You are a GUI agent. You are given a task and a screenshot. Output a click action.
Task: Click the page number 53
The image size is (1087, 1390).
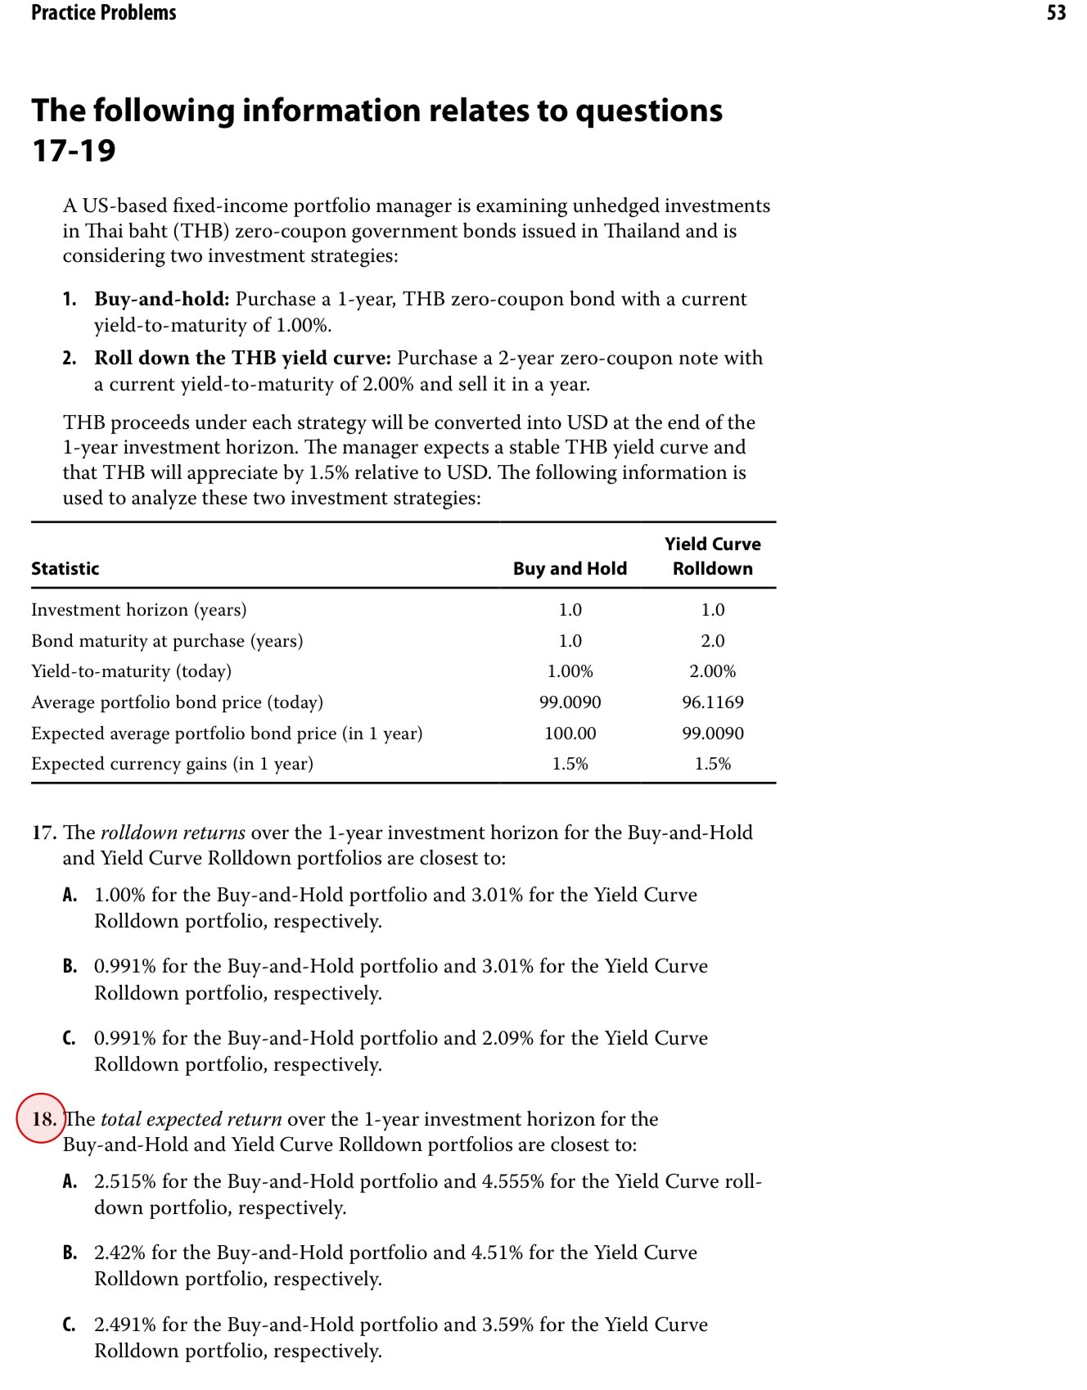click(x=1056, y=12)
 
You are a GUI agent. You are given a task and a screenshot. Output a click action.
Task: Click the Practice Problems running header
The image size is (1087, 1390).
click(x=103, y=12)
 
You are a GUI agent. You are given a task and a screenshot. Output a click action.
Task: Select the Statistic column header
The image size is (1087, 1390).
click(x=65, y=568)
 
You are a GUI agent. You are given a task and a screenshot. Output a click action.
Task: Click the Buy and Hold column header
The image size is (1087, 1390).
click(x=570, y=568)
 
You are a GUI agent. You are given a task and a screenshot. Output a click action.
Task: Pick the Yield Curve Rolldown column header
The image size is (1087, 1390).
click(x=712, y=556)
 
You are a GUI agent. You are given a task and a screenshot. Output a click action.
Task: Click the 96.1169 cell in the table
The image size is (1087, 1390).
click(x=712, y=702)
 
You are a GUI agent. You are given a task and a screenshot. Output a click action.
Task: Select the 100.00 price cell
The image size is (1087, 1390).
click(x=570, y=733)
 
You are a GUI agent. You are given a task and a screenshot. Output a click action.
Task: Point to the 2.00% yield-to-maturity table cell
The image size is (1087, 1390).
click(x=712, y=670)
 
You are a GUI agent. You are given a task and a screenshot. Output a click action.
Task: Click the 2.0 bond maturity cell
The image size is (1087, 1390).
click(x=712, y=640)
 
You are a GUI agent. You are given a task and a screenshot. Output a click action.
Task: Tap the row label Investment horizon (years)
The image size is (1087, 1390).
click(x=138, y=609)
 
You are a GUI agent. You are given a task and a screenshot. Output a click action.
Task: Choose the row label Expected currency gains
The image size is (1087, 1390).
click(x=172, y=763)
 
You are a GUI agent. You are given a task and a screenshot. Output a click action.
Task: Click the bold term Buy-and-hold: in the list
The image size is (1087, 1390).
click(x=161, y=299)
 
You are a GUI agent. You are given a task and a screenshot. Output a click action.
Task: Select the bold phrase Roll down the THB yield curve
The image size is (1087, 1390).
click(x=242, y=358)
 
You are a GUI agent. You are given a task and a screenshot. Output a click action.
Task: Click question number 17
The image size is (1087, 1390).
click(x=43, y=833)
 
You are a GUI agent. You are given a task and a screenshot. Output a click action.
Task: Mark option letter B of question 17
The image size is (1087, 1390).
click(x=70, y=966)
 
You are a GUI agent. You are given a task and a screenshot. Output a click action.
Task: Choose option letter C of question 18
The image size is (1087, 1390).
click(x=70, y=1325)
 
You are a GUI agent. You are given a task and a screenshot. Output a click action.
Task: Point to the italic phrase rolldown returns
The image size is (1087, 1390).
click(x=173, y=833)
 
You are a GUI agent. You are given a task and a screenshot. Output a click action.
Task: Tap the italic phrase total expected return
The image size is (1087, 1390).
click(x=191, y=1119)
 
